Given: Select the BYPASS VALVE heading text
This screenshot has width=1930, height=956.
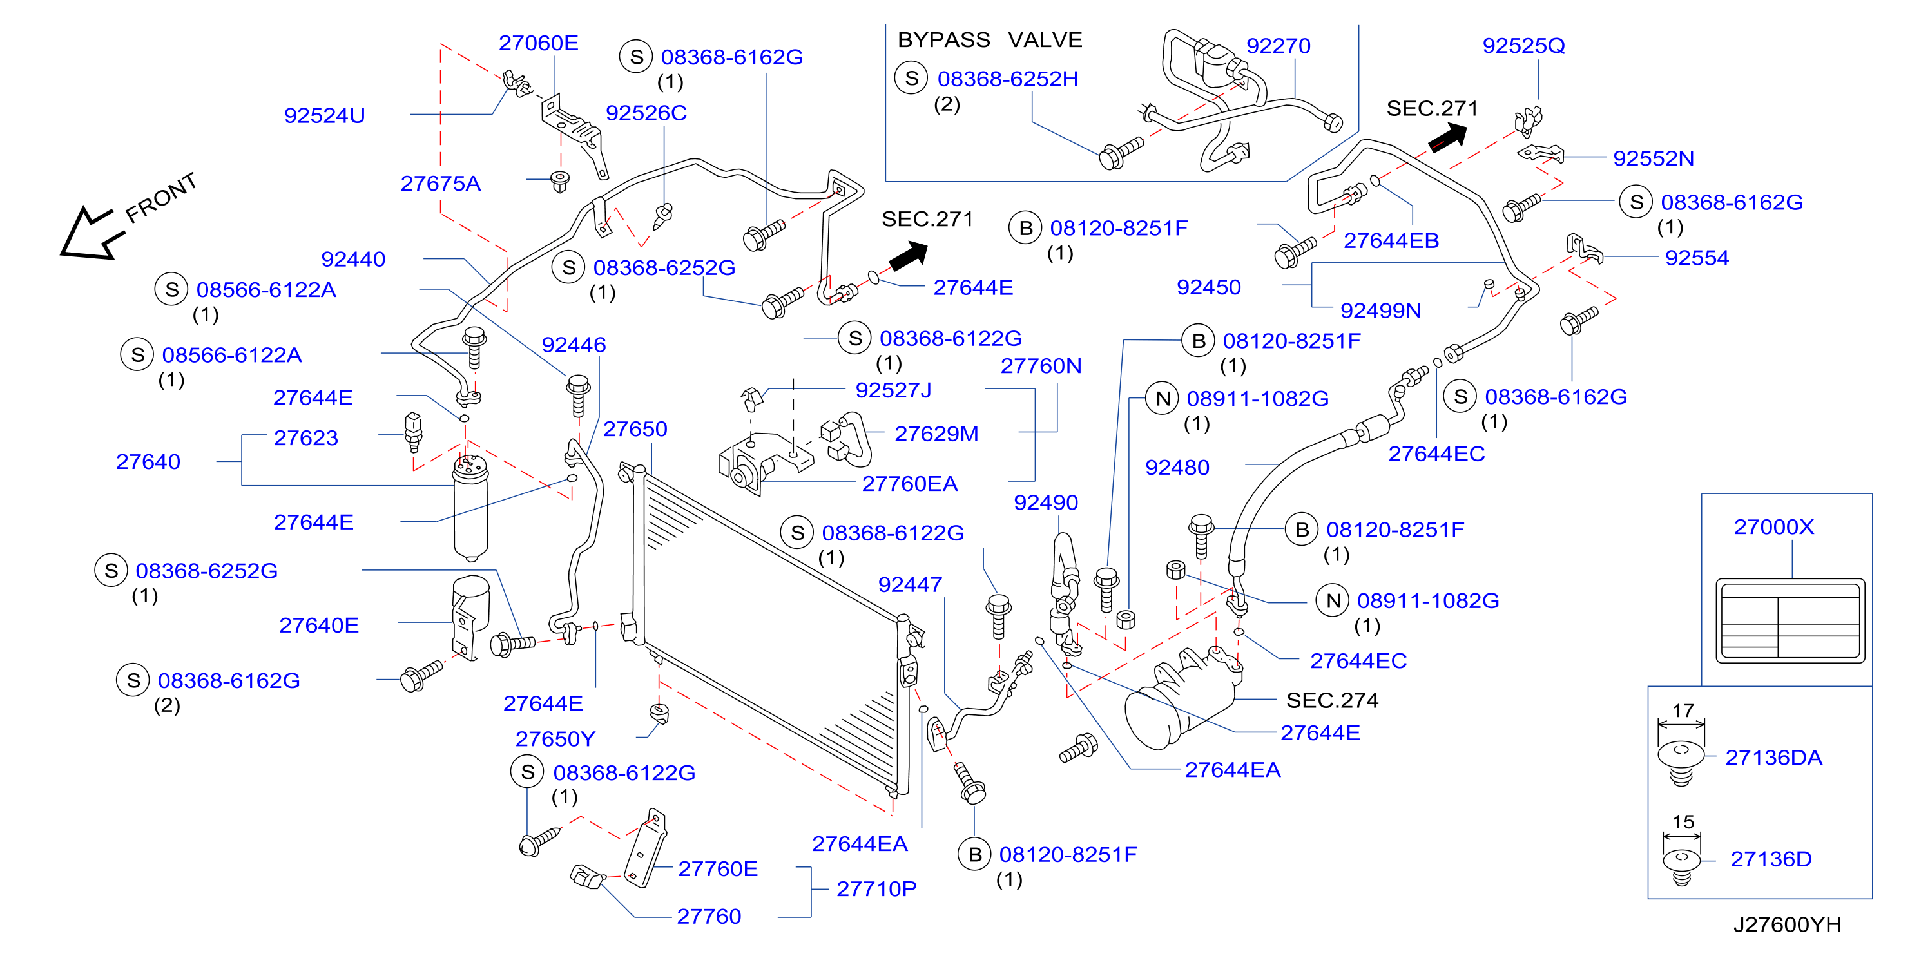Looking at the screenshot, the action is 990,40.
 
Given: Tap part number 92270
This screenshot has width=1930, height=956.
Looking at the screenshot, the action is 1278,46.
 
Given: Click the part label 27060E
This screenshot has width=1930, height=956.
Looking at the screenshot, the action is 539,43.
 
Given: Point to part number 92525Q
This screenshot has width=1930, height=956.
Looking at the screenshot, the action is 1524,46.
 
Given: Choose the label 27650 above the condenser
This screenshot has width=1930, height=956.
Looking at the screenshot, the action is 635,428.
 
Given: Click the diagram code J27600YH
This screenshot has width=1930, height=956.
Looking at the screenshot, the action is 1787,924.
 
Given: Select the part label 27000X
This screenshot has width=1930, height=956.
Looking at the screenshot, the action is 1774,527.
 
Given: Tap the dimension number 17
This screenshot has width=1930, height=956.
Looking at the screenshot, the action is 1683,711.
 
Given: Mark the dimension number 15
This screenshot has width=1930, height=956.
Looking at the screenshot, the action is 1683,822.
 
